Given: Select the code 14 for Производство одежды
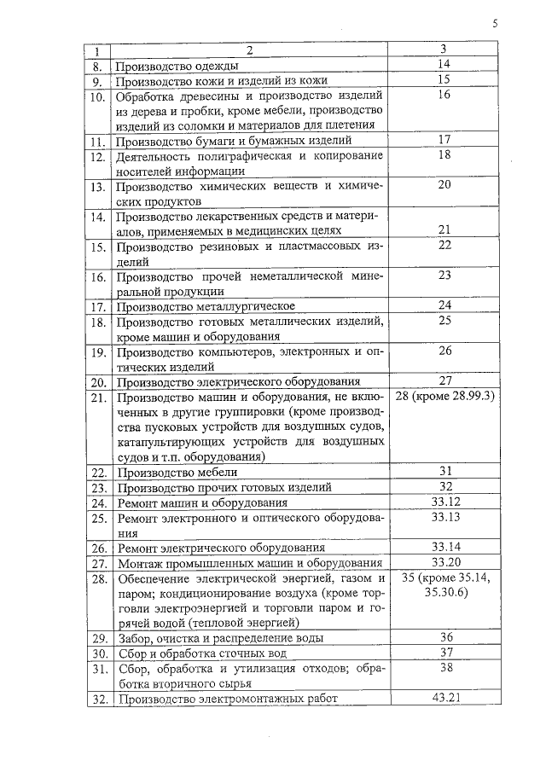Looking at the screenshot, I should (443, 65).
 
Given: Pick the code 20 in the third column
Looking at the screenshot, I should (444, 185).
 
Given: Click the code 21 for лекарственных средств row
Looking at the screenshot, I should (444, 230).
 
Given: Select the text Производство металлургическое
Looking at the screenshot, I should (206, 305).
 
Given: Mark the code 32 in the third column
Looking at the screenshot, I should (444, 486).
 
